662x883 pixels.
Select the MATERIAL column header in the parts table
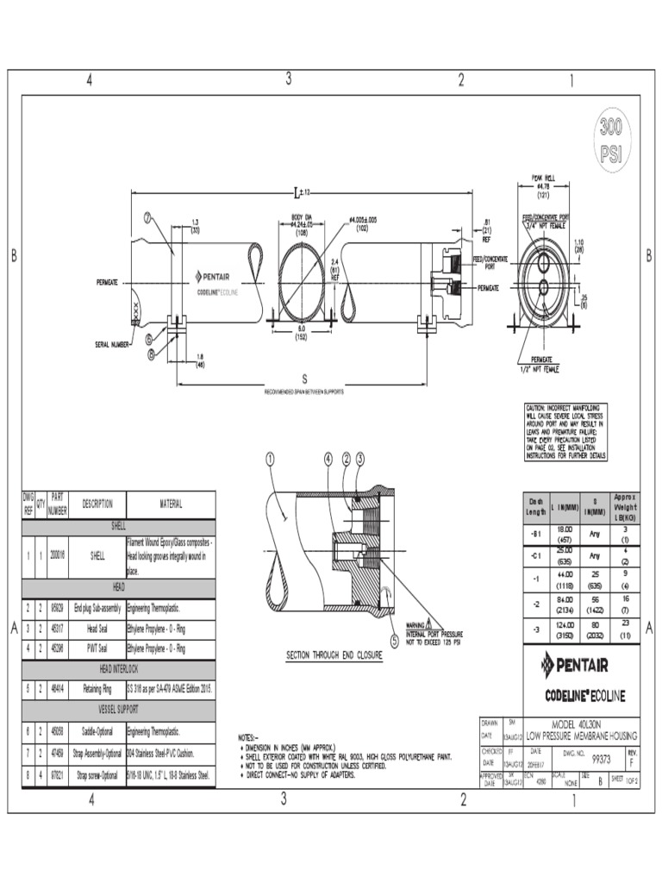click(x=170, y=504)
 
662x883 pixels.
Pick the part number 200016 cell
click(x=58, y=557)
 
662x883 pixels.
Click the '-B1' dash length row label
click(x=536, y=534)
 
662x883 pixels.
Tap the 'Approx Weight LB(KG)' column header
click(x=624, y=507)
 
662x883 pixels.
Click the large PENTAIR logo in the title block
click(x=574, y=664)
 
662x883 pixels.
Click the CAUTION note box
click(x=566, y=431)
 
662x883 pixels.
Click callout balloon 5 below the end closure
click(x=395, y=641)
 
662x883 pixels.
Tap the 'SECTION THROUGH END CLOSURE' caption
click(x=334, y=656)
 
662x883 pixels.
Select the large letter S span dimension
click(x=303, y=378)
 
